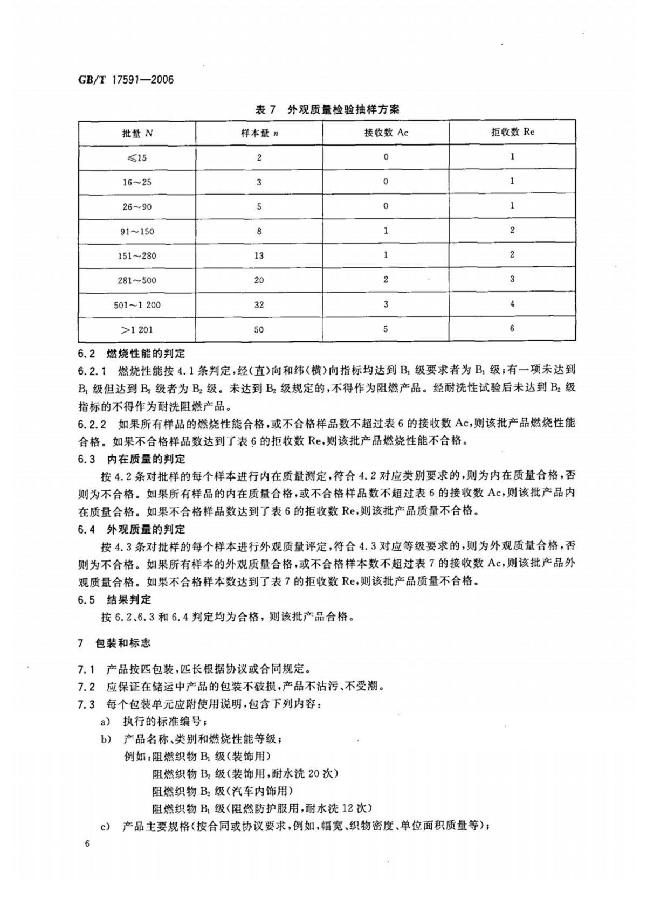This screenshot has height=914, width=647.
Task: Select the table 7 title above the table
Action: tap(327, 109)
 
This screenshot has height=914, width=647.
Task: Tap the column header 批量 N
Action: tap(137, 133)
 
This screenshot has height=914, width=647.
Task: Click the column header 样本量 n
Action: tap(259, 133)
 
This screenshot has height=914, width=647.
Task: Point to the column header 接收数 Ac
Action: tap(386, 133)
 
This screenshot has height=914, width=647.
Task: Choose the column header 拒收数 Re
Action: tap(512, 132)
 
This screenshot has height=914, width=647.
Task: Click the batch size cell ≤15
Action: tap(137, 158)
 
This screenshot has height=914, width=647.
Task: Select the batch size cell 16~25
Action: tap(137, 182)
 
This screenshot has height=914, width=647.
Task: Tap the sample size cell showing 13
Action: tap(259, 255)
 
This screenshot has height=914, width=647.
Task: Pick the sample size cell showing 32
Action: tap(259, 304)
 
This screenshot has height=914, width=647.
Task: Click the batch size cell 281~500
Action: tap(137, 280)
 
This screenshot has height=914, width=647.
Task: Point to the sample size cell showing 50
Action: tap(259, 329)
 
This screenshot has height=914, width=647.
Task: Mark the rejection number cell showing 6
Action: tap(512, 328)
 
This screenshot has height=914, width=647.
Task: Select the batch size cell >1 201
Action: tap(137, 329)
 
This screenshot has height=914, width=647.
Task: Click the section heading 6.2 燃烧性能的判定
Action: tap(132, 354)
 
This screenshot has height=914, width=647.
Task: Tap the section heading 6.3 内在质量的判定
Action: tap(132, 459)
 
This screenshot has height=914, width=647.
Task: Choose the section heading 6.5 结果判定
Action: tap(114, 599)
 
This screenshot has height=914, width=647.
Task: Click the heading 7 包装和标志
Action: tap(114, 643)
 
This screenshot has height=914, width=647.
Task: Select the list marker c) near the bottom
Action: tap(105, 826)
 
